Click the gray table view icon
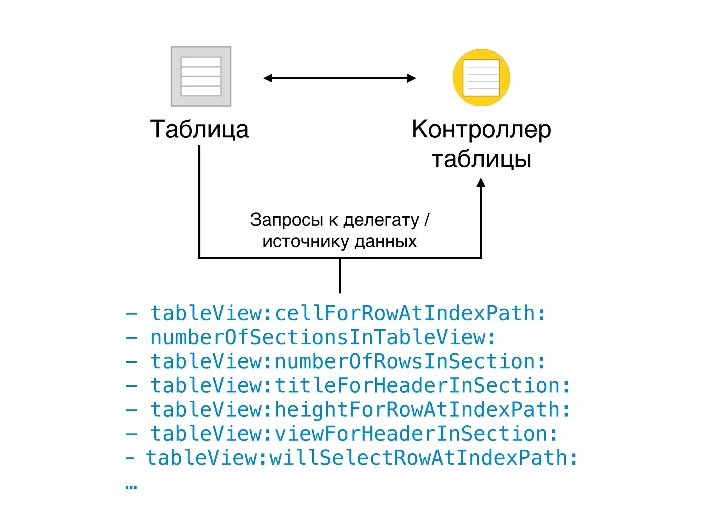point(201,76)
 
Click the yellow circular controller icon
point(481,77)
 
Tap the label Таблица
point(199,129)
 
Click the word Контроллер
point(481,129)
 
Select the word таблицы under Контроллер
point(481,159)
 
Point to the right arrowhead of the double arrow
point(412,78)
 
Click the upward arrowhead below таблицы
point(481,183)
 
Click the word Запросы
point(286,220)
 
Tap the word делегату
point(381,220)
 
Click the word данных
point(386,241)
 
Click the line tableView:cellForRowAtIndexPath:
point(348,313)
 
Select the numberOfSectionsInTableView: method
point(323,337)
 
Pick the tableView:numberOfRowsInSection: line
point(348,361)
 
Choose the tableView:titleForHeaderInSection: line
point(360,385)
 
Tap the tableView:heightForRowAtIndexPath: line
point(360,409)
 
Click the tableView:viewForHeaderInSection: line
point(354,434)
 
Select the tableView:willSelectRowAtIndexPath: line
point(361,458)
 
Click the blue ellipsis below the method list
point(131,487)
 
